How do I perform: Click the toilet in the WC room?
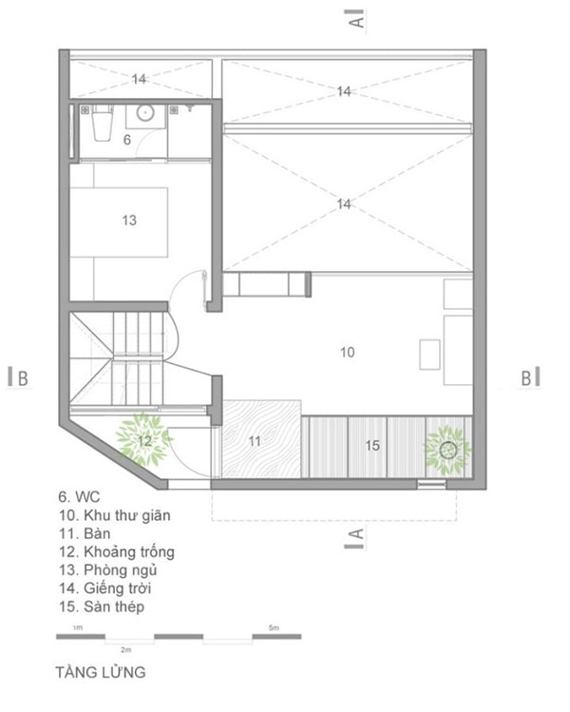(102, 123)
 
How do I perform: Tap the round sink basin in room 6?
(145, 113)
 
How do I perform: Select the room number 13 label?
(129, 221)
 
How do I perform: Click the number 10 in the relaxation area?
(348, 352)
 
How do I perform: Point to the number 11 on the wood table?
(255, 440)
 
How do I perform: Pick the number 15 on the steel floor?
(372, 446)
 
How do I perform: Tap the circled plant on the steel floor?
(447, 450)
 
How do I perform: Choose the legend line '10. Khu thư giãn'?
(114, 515)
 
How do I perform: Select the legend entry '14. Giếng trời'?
(104, 588)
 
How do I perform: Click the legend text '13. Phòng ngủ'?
(108, 569)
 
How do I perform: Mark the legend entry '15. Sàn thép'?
(102, 606)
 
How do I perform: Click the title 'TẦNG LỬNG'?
(101, 672)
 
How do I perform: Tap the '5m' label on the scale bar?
(274, 627)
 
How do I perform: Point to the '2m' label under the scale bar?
(125, 650)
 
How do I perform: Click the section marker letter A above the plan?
(357, 21)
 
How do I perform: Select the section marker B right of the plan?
(526, 378)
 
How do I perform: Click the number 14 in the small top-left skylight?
(139, 79)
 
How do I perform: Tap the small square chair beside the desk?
(429, 355)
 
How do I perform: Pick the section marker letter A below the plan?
(357, 534)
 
